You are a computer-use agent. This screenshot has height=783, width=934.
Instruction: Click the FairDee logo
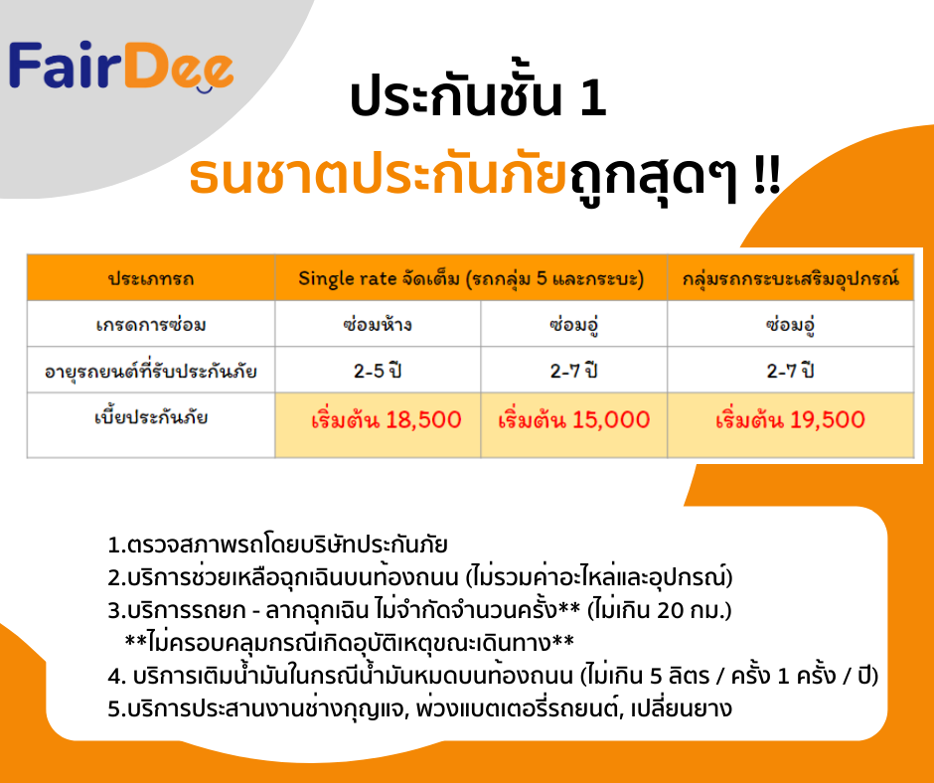click(121, 67)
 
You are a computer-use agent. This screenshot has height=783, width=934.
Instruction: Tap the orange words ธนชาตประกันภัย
click(378, 175)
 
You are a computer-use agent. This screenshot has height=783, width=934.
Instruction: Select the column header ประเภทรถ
click(151, 278)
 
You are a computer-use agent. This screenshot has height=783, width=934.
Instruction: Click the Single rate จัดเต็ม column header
click(471, 278)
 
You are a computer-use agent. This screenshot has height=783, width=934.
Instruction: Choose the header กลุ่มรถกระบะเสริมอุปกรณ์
click(791, 278)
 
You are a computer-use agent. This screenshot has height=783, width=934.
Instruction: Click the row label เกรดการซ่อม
click(151, 325)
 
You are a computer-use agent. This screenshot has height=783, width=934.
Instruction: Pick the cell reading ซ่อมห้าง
click(378, 325)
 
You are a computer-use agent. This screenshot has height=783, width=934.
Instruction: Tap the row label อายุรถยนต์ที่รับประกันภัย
click(151, 372)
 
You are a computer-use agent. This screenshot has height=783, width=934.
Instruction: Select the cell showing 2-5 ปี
click(378, 372)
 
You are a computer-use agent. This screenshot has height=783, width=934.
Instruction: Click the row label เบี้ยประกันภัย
click(151, 416)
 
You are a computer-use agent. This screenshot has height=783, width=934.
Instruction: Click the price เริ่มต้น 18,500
click(386, 419)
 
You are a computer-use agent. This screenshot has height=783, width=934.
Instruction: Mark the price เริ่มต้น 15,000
click(573, 419)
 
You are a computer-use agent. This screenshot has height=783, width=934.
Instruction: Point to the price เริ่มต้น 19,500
click(791, 419)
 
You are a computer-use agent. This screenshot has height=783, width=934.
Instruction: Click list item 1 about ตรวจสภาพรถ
click(277, 545)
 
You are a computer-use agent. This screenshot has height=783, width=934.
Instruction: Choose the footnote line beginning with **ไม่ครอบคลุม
click(349, 643)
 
